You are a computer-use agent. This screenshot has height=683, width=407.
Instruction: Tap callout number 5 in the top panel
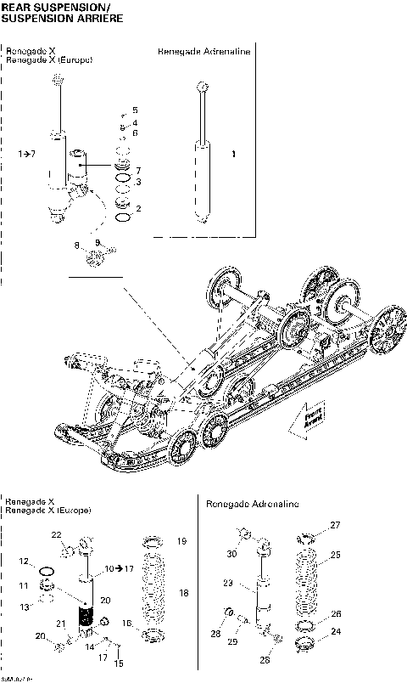[x=134, y=110]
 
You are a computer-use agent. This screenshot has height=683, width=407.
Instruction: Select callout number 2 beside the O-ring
[x=138, y=208]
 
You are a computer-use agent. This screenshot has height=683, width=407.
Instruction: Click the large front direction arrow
[x=308, y=421]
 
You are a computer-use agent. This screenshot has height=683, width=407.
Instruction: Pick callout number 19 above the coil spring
[x=181, y=540]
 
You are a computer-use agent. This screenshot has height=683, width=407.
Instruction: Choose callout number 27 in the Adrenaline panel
[x=335, y=525]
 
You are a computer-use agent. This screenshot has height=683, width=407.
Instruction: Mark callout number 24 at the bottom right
[x=336, y=631]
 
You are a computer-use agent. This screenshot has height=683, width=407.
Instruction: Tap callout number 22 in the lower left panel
[x=56, y=534]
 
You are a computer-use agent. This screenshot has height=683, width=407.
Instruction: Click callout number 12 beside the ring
[x=25, y=562]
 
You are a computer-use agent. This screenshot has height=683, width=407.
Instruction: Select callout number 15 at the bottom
[x=120, y=663]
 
